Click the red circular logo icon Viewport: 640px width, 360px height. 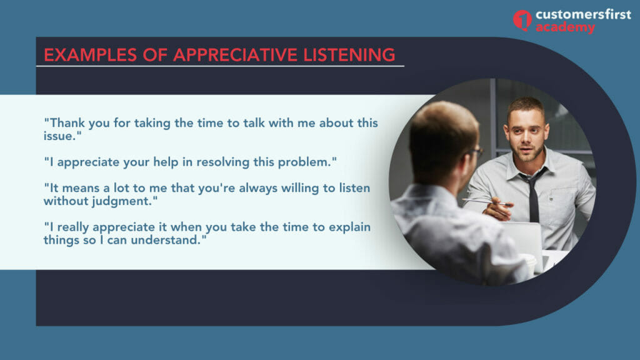pyautogui.click(x=522, y=20)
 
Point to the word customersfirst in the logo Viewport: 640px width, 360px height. pyautogui.click(x=583, y=14)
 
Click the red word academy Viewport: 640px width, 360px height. pyautogui.click(x=565, y=28)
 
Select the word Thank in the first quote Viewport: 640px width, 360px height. pyautogui.click(x=67, y=123)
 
